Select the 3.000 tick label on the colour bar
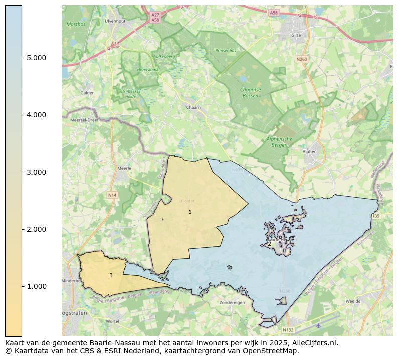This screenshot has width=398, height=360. point(36,172)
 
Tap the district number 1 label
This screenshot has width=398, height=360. point(190,212)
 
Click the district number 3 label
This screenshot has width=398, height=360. point(111,275)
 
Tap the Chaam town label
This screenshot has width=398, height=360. point(193,107)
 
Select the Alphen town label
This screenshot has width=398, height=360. point(310,151)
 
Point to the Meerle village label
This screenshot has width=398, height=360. point(124,168)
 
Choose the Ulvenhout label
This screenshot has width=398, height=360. point(115,21)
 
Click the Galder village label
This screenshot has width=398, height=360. point(87,93)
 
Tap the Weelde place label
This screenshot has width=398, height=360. point(353,301)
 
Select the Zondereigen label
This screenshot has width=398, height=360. point(232,303)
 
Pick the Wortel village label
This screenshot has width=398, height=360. point(113,321)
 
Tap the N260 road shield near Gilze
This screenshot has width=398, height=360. point(301,59)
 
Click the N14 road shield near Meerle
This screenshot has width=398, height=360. point(112,194)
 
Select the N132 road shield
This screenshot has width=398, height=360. point(288,330)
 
